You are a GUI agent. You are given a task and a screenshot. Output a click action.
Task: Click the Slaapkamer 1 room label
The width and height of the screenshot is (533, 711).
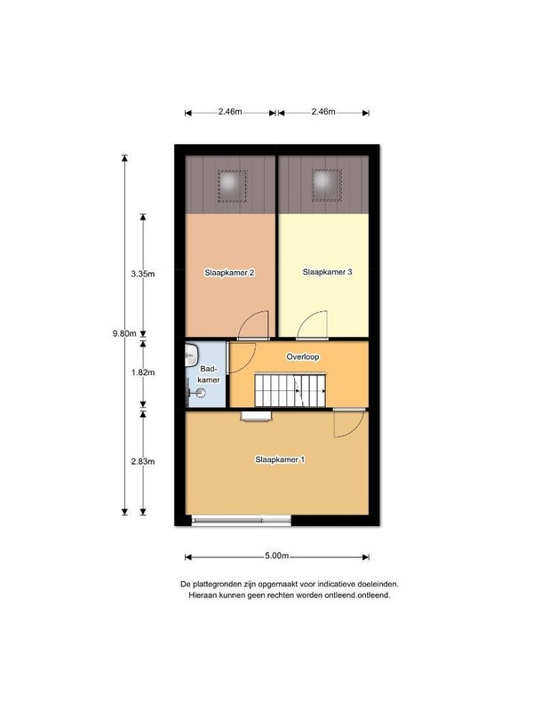[x=280, y=459]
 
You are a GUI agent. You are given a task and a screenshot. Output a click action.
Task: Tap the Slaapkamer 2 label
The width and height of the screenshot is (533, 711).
[x=229, y=273]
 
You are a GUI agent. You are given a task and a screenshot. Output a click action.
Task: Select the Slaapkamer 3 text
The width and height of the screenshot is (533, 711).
[x=327, y=272]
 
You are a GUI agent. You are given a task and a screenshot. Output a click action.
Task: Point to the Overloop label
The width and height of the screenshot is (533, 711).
[x=303, y=357]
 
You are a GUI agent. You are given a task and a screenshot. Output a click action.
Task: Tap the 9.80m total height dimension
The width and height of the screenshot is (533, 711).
[x=124, y=333]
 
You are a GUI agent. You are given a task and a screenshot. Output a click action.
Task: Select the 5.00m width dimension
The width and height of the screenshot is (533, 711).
[x=277, y=556]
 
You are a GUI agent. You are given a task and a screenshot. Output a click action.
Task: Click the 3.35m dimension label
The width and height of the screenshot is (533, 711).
[x=143, y=274]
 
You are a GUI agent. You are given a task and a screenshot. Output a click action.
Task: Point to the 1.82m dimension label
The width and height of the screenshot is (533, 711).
[x=143, y=372]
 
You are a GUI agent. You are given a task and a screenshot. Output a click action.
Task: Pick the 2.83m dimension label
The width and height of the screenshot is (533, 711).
[x=143, y=461]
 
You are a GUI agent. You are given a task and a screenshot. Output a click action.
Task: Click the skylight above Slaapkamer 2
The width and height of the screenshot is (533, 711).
[x=232, y=186]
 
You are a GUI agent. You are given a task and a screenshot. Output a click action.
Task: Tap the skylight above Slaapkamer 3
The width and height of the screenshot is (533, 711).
[x=326, y=185]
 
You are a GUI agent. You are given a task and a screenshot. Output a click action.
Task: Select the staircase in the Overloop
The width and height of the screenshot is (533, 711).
[x=290, y=390]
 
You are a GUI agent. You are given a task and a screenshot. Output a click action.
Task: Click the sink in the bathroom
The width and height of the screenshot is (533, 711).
[x=191, y=354]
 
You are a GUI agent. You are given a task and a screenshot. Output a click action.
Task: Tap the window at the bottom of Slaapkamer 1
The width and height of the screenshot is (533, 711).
[x=241, y=520]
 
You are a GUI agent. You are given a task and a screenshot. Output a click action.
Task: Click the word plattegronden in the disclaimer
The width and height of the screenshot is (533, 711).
[x=217, y=584]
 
